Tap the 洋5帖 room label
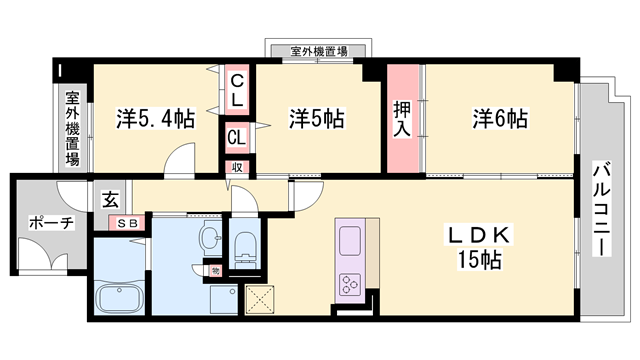tap(317, 119)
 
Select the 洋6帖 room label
tap(500, 119)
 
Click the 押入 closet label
tap(404, 119)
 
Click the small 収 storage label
tap(237, 167)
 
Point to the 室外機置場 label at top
tap(320, 50)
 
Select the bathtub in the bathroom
tap(118, 297)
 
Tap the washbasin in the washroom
tap(210, 238)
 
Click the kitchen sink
tap(352, 241)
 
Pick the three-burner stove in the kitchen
tap(352, 283)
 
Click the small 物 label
tap(215, 271)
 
